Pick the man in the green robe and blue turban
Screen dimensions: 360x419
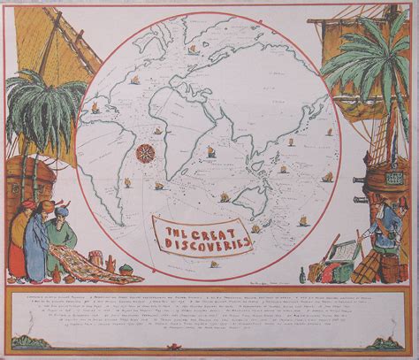coord(62,234)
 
